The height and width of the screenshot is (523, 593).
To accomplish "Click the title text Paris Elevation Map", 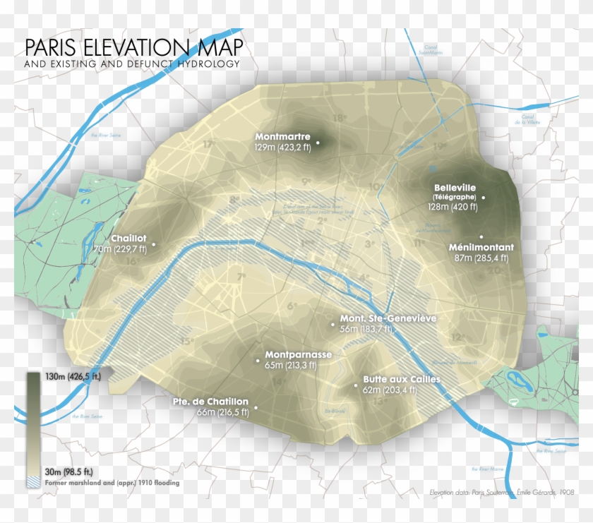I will point(133,48).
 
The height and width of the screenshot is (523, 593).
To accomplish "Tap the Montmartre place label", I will point(283,136).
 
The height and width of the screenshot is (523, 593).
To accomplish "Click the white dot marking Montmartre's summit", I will point(318,143).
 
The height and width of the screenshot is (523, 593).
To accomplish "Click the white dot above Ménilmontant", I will point(481,236).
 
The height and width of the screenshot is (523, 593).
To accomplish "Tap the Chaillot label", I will point(128,239).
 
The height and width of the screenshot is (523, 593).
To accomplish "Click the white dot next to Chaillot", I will point(154,245).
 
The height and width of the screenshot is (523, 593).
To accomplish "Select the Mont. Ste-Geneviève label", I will point(388,318).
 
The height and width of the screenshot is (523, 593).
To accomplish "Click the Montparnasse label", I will point(298,354).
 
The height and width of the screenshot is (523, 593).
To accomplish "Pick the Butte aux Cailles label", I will point(402,379).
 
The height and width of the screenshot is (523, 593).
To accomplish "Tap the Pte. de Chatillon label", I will point(210,402).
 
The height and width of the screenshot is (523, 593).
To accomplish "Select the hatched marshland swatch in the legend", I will point(33,483).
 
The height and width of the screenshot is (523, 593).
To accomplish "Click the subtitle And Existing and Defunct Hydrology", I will point(131,64).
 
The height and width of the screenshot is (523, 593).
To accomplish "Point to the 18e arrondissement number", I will point(340,119).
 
